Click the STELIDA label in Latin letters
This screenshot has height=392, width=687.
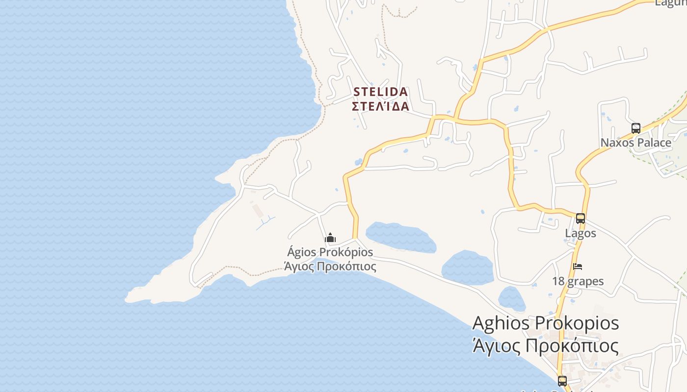tap(380, 92)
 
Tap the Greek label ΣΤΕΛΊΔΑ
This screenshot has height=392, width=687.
tap(380, 106)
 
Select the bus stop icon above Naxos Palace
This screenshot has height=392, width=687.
tap(636, 128)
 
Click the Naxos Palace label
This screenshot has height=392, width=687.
tap(636, 143)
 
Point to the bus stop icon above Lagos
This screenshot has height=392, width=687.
tap(581, 219)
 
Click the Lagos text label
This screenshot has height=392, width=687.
tap(581, 233)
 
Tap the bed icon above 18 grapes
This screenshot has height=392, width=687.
tap(578, 267)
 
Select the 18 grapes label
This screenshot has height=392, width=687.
tap(578, 281)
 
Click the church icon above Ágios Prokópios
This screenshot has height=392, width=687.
tap(330, 238)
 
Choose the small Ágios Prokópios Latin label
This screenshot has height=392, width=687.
tap(330, 252)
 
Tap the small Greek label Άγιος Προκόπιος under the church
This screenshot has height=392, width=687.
tap(330, 267)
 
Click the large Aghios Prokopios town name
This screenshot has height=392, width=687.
tap(545, 323)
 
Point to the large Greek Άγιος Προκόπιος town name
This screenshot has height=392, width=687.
tap(545, 345)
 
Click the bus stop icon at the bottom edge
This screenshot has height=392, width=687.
tap(562, 381)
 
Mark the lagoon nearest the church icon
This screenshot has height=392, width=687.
tap(401, 238)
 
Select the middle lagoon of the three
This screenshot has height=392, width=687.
tap(467, 268)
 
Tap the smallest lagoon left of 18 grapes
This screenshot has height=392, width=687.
tap(511, 298)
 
